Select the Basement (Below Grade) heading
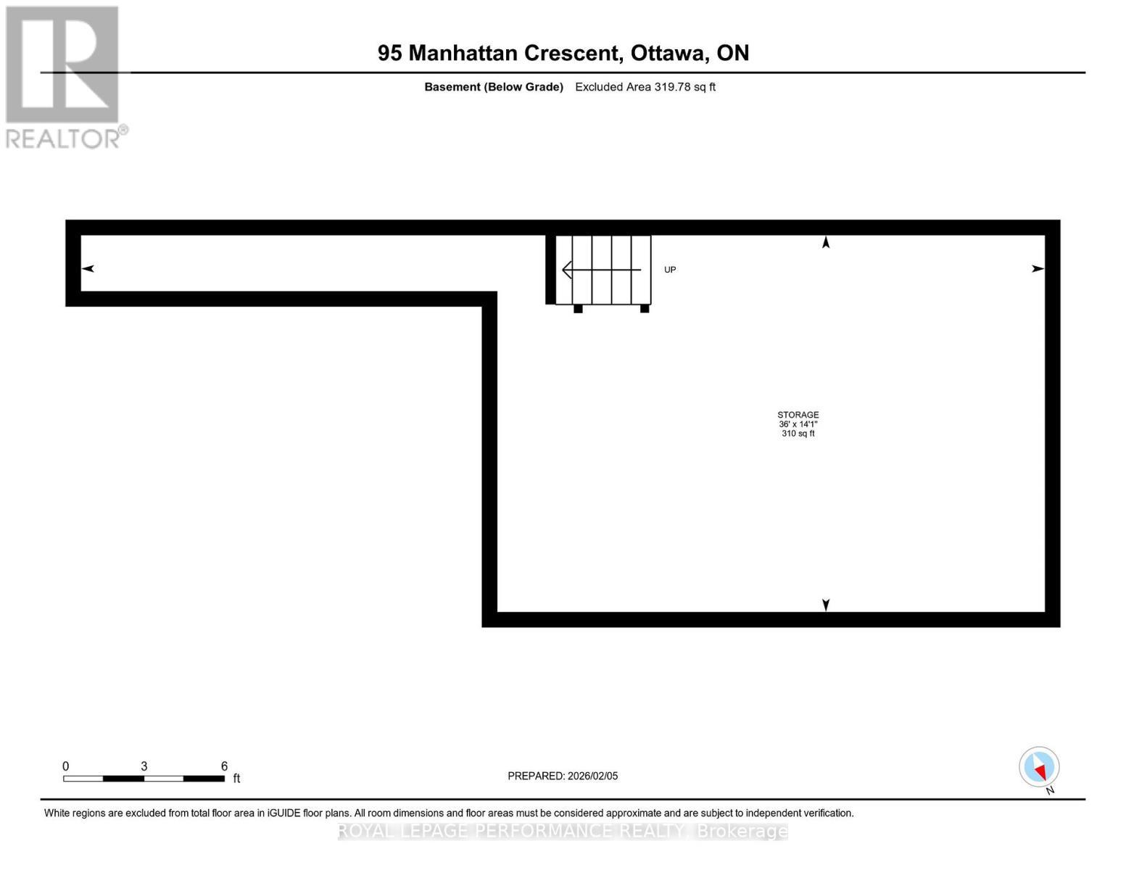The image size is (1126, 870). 494,87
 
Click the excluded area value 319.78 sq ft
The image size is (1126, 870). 684,87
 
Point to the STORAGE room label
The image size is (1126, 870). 798,415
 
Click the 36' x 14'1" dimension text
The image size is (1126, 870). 798,424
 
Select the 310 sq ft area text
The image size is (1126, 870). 798,434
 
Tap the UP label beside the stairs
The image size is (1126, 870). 670,270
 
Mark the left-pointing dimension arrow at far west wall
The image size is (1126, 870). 88,268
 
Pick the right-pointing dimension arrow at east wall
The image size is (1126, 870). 1038,268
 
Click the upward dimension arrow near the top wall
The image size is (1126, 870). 825,242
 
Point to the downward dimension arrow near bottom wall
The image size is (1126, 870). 825,605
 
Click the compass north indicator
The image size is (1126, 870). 1039,767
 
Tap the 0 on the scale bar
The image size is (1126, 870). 66,766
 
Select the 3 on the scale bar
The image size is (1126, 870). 144,766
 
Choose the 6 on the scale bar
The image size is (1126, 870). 224,766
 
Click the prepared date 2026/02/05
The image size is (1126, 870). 592,776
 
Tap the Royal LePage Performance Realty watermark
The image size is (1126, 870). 563,831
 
